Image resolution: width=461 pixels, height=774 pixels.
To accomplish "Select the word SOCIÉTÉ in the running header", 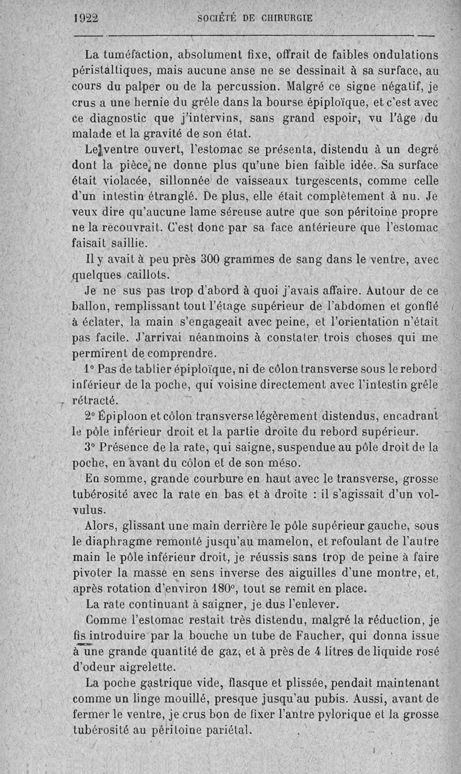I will (x=217, y=18).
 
